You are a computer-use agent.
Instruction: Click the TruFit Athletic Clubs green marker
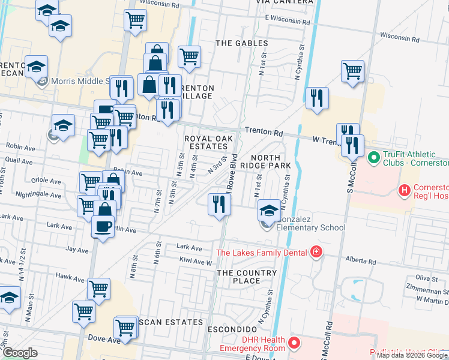pos(372,158)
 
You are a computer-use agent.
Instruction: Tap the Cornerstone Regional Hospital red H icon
pos(405,191)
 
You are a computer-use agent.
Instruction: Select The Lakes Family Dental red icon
pos(316,252)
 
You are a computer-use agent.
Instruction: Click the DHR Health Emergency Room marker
pos(294,343)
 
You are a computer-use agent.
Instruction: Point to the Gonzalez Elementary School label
pos(310,227)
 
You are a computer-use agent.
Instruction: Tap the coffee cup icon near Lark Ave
pos(103,226)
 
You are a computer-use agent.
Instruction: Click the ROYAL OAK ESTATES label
pos(206,142)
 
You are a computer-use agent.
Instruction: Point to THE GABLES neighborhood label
pos(241,43)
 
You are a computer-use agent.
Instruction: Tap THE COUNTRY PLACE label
pos(247,277)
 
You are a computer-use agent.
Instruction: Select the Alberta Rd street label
pos(361,262)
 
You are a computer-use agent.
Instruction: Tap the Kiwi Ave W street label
pos(196,262)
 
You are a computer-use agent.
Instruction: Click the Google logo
pos(20,353)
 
